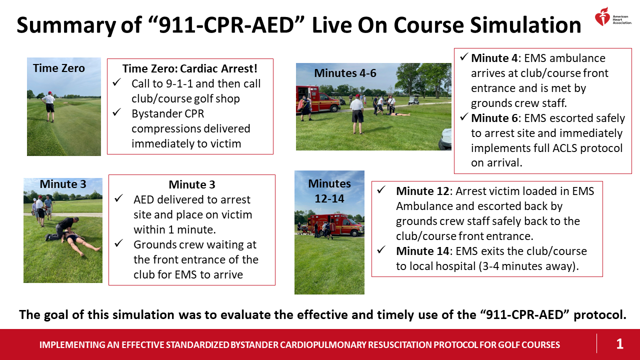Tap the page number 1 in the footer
point(619,344)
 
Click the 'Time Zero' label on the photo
point(59,68)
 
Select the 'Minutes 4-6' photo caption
point(345,73)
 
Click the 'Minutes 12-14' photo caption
point(329,190)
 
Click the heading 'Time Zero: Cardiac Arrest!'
point(190,68)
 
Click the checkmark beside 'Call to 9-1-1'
point(117,83)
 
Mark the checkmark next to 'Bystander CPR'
point(117,113)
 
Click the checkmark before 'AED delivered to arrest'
point(118,199)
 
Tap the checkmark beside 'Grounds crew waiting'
point(118,244)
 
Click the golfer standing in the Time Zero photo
point(49,105)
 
